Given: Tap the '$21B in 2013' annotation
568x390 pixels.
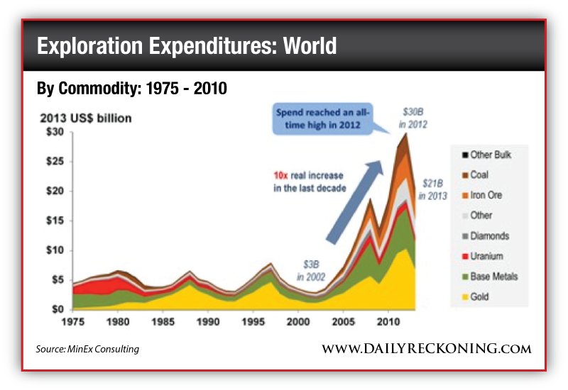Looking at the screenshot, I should tap(434, 189).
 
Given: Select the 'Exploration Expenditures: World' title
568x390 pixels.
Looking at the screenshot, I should tap(186, 46).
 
